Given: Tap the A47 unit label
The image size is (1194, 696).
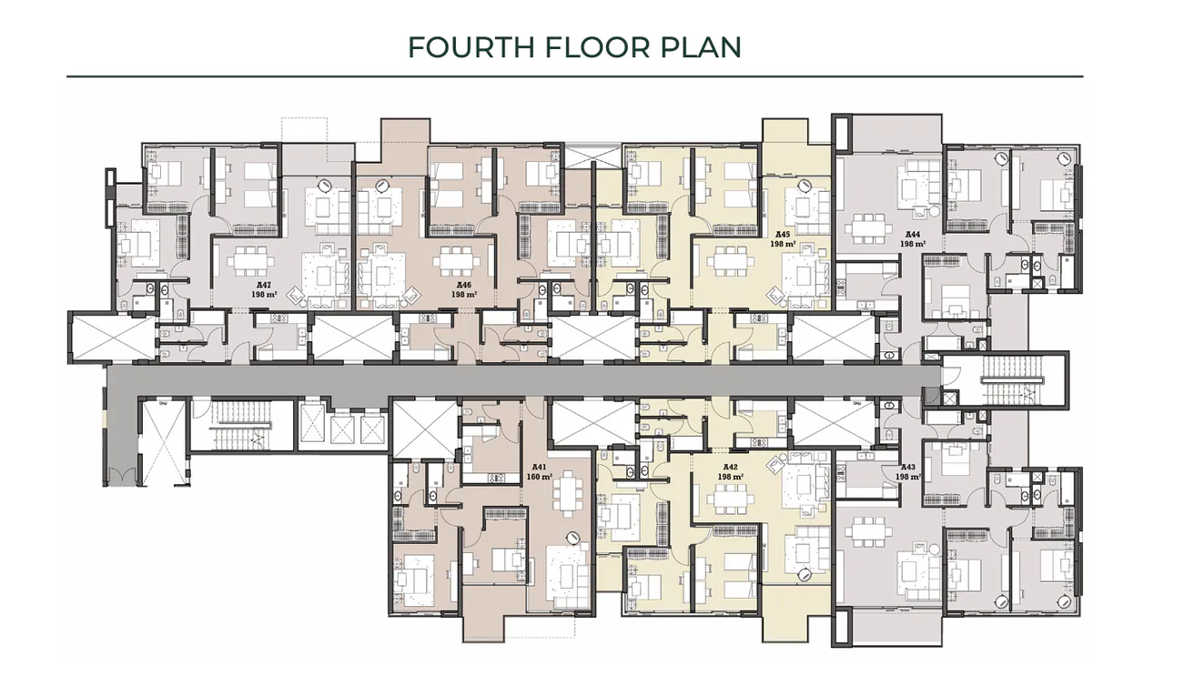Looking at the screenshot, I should (x=266, y=285).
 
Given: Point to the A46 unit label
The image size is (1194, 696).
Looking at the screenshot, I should (x=464, y=285).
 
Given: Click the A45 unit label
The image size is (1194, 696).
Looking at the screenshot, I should (x=780, y=234).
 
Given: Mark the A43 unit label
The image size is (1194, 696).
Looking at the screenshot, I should (x=906, y=466).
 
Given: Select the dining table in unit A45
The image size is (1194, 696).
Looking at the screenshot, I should (x=730, y=261).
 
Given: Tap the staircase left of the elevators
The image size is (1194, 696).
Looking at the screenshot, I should (x=241, y=424).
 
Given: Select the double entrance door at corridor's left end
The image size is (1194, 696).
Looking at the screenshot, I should (x=122, y=473).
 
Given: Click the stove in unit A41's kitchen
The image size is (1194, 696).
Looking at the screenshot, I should (x=498, y=478).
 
